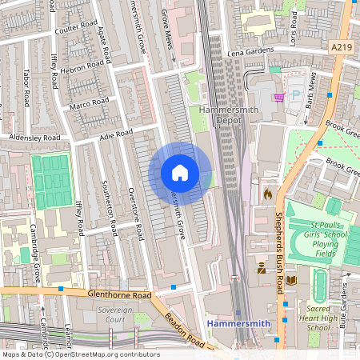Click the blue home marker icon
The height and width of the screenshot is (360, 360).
click(180, 173)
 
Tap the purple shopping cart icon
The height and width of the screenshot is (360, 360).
click(279, 98)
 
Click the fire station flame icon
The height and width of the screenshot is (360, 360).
click(267, 193)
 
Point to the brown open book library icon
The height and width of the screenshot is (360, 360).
click(290, 280)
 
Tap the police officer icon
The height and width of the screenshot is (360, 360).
click(262, 270)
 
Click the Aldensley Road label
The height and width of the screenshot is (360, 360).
click(33, 138)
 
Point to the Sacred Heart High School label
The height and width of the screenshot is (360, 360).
click(318, 317)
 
